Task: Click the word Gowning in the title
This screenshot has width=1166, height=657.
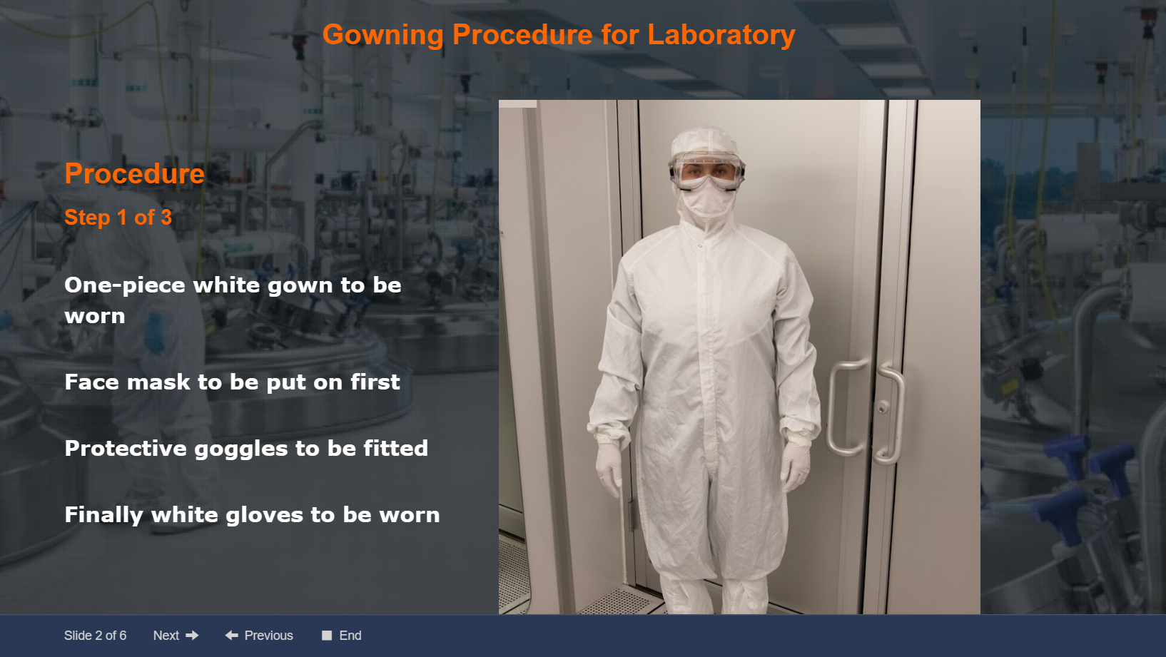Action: pos(383,36)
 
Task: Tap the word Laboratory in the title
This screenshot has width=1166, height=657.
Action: pos(721,34)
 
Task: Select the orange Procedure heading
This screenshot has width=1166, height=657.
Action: pos(134,173)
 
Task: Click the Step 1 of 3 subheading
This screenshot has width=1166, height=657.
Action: pos(118,218)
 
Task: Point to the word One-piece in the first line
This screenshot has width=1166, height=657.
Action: pos(125,285)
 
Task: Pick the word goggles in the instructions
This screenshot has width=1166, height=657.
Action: pos(241,449)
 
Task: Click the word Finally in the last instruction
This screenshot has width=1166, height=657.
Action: pos(103,515)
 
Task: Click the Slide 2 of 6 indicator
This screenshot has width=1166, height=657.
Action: pos(95,635)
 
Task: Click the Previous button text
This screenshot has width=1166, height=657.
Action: pos(268,635)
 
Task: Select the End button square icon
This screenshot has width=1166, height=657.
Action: pos(327,635)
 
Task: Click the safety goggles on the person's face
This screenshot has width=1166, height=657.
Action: pos(707,171)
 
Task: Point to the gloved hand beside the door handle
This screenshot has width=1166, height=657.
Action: pos(796,464)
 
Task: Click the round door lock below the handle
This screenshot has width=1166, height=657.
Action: pos(882,407)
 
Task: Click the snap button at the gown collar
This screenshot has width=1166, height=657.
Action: pos(701,245)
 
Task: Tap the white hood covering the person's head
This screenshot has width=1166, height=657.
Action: pos(704,141)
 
